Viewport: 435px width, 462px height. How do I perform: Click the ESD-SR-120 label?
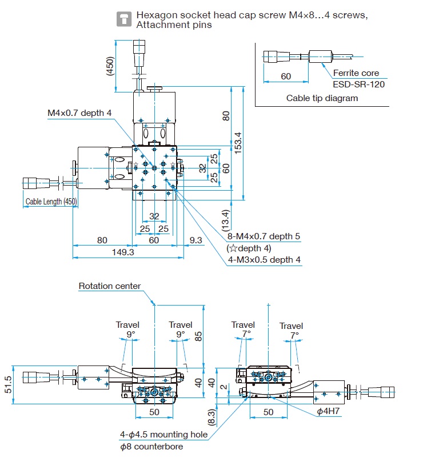pos(359,83)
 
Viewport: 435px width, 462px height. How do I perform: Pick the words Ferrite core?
pos(356,73)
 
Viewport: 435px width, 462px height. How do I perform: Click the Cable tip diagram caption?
pos(322,98)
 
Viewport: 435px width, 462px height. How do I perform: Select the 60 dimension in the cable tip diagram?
pos(285,77)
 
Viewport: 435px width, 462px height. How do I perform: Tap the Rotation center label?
pos(110,286)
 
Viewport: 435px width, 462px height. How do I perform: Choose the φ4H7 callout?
pos(329,411)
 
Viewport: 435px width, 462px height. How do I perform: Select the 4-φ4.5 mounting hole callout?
pos(164,435)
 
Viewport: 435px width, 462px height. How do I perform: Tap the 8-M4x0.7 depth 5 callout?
pos(264,236)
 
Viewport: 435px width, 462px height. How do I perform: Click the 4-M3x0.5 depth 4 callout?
pos(264,260)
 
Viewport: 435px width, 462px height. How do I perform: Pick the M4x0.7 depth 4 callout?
pos(79,113)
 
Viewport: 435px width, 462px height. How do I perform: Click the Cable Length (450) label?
pos(51,202)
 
